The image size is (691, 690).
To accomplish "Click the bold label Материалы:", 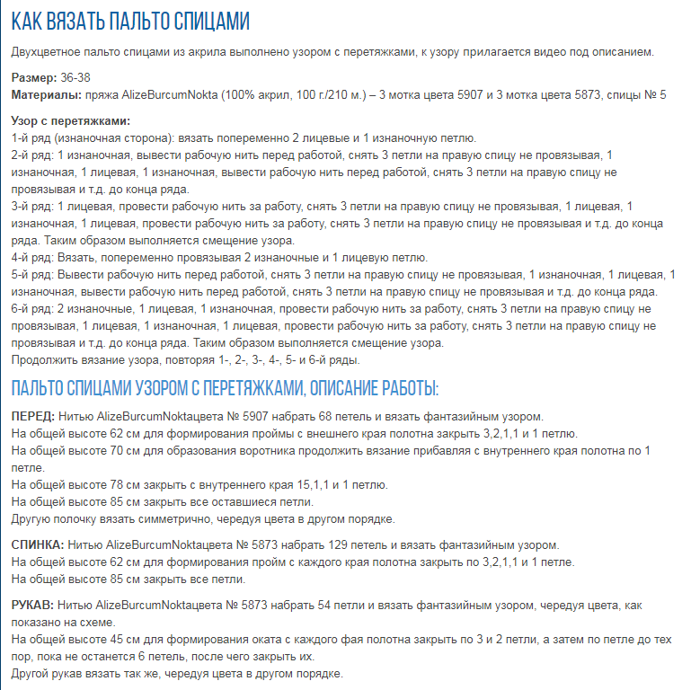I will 45,94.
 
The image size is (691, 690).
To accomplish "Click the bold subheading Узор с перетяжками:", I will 71,121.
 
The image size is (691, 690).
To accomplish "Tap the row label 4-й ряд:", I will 32,258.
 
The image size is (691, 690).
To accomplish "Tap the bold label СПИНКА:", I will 37,545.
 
